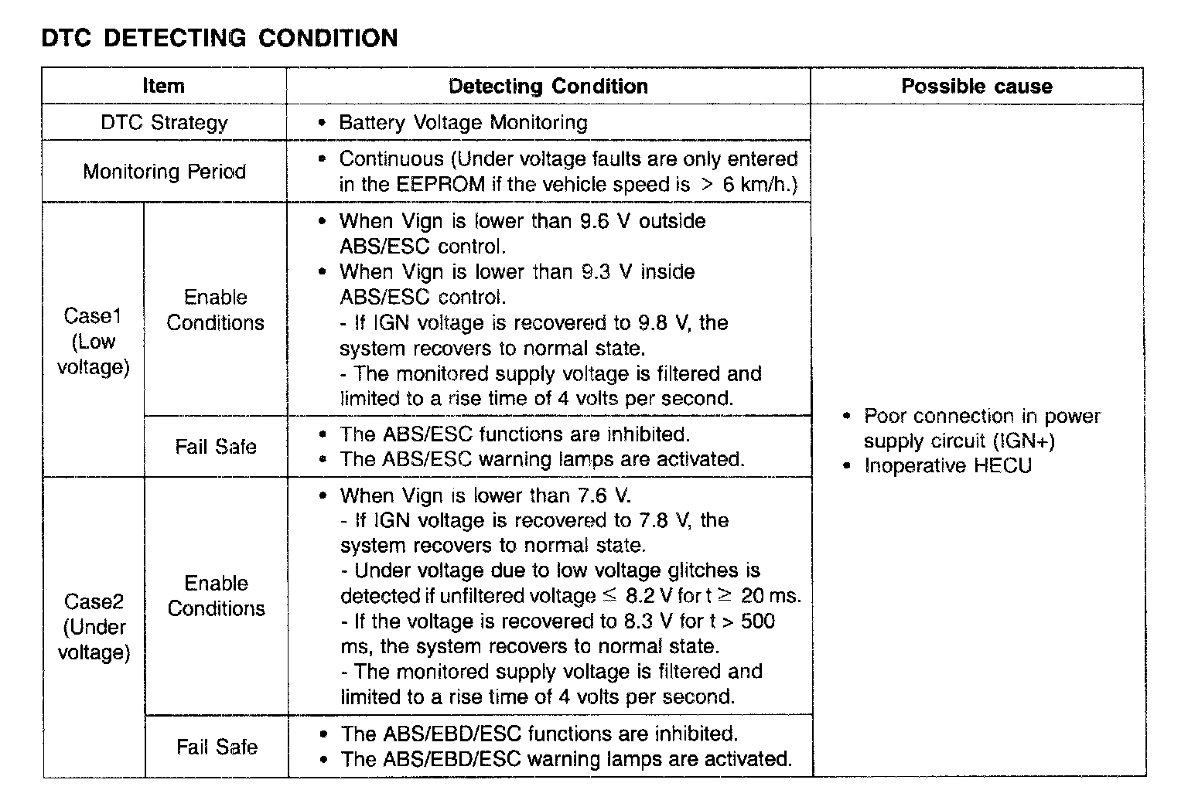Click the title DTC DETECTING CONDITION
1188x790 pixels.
pos(219,38)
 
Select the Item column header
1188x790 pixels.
pos(163,86)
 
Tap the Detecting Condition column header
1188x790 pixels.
pos(548,86)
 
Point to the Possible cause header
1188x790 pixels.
pos(976,86)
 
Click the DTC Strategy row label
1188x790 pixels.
pos(164,122)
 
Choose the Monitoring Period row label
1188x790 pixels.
pos(164,171)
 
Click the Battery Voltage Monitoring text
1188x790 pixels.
pos(463,122)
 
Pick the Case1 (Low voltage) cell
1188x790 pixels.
pos(93,341)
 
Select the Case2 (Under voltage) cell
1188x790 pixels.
pos(94,626)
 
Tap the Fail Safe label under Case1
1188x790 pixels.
pos(215,446)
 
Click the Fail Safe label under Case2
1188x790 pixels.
pos(216,746)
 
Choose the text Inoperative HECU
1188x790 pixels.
pos(947,465)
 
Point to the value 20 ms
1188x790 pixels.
pos(770,596)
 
